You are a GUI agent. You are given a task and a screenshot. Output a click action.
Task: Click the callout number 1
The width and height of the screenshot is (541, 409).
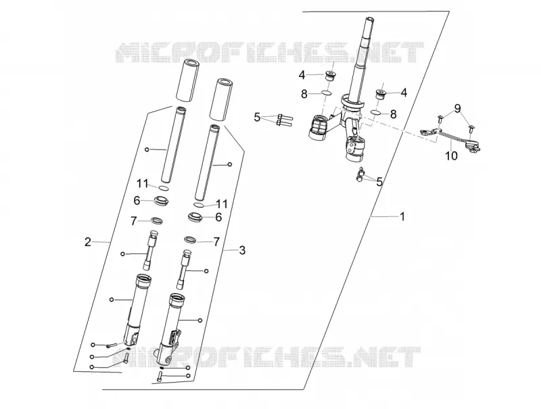(402, 216)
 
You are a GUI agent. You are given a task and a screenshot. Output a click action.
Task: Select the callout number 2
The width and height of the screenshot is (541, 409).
(88, 242)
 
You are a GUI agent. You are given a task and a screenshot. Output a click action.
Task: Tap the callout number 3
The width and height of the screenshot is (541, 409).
(242, 250)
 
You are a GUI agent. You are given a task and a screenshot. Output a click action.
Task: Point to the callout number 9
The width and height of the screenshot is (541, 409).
(457, 109)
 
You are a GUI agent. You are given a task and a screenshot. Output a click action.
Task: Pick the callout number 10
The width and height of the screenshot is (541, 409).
(451, 156)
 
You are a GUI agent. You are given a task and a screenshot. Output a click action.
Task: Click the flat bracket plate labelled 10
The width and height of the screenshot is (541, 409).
(449, 137)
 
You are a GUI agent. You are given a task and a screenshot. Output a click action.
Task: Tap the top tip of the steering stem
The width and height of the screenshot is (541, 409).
(369, 18)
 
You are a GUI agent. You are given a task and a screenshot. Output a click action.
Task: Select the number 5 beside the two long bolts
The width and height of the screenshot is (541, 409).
(257, 117)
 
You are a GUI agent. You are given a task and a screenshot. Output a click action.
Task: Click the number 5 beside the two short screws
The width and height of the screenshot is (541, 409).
(379, 182)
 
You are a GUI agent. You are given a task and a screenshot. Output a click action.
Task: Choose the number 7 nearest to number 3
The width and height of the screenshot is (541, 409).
(216, 242)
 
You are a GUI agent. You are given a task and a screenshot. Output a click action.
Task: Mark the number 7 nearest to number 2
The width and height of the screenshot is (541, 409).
(134, 221)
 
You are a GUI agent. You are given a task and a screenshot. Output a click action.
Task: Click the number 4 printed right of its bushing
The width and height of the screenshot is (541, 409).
(403, 93)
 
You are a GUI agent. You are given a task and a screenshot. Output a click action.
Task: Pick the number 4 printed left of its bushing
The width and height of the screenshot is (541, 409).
(302, 75)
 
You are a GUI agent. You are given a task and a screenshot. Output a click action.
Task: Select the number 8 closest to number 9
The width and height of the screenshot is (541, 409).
(393, 114)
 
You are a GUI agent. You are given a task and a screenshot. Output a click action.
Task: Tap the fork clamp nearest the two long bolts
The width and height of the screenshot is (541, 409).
(318, 128)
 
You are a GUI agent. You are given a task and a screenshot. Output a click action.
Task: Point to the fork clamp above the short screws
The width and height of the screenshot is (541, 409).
(356, 148)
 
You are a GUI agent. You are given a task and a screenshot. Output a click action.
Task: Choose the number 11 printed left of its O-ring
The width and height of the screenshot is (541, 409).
(142, 184)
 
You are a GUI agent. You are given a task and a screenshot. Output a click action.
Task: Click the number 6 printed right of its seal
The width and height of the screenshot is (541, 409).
(218, 217)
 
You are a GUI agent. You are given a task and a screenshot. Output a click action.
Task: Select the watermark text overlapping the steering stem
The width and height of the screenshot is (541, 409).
(269, 53)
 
